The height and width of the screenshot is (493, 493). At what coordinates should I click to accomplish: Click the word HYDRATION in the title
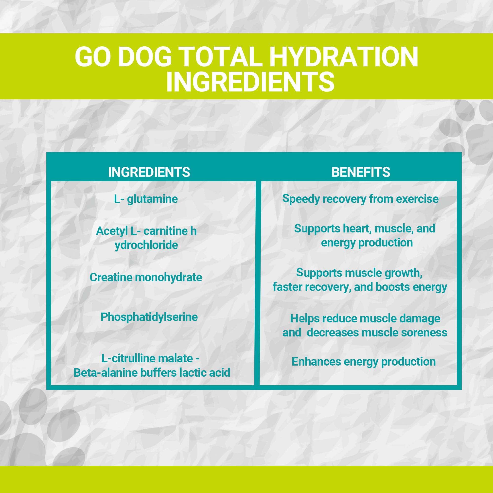344,56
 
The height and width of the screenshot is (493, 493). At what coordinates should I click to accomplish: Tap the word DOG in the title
145,56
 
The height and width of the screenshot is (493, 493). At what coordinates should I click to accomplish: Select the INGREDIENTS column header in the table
149,172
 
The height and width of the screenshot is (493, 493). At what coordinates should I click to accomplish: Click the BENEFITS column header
361,172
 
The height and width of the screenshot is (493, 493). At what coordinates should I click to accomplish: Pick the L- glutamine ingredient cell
146,199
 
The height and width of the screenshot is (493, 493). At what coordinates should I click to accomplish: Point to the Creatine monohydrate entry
146,277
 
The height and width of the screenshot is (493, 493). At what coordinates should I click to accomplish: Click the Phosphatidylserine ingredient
149,317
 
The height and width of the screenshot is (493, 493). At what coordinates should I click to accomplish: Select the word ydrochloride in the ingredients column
146,245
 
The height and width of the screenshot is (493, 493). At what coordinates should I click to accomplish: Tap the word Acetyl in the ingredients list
112,231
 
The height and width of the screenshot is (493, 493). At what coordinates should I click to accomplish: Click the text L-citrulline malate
147,358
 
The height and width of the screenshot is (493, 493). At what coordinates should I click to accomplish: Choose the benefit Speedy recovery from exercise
360,199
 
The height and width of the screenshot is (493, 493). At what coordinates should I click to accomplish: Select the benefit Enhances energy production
363,362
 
